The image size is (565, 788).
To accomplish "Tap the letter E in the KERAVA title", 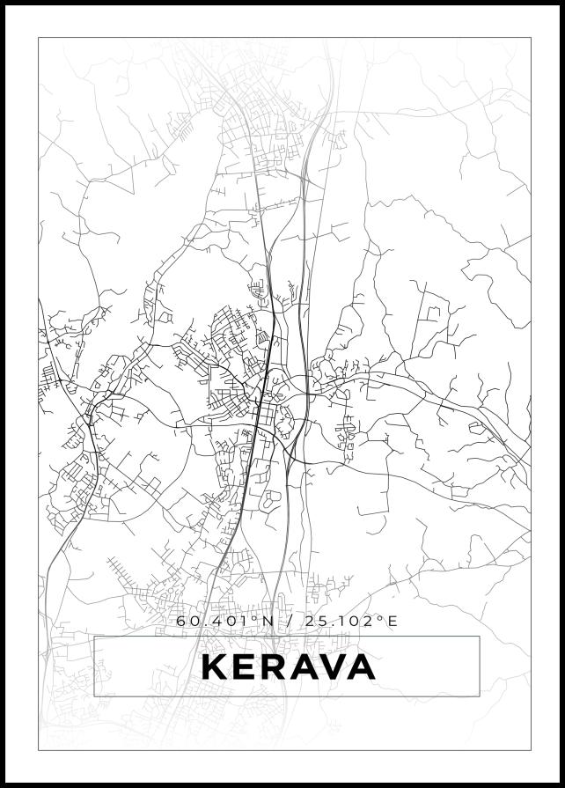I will pyautogui.click(x=247, y=667).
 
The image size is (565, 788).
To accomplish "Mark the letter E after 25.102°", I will pyautogui.click(x=393, y=621).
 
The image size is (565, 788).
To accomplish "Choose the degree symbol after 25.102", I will pyautogui.click(x=381, y=617).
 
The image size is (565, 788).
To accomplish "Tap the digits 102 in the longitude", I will pyautogui.click(x=358, y=621).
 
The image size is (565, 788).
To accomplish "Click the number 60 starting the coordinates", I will pyautogui.click(x=187, y=621).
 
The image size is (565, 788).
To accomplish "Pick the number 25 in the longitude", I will pyautogui.click(x=313, y=621).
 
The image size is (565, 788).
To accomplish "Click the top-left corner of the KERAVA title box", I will pyautogui.click(x=94, y=637).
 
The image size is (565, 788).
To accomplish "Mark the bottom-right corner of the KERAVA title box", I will pyautogui.click(x=480, y=696).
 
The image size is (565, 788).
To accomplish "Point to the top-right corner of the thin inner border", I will pyautogui.click(x=531, y=38).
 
